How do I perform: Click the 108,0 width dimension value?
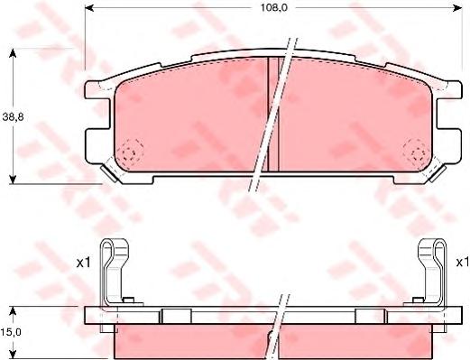(273, 8)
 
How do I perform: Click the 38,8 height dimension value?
(13, 117)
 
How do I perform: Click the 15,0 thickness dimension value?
(11, 332)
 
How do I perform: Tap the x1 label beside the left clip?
(83, 263)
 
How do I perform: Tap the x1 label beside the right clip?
(463, 263)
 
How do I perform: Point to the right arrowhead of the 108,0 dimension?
(457, 8)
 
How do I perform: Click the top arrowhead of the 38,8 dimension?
(13, 53)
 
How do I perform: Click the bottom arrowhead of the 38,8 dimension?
(13, 180)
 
